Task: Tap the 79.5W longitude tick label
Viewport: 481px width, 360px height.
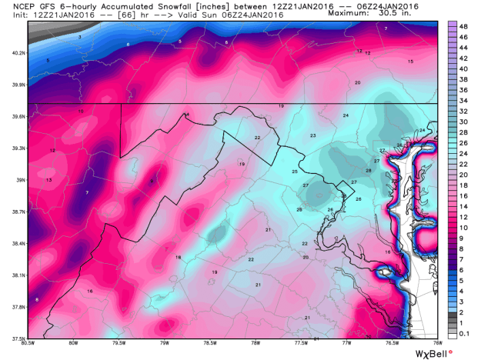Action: pyautogui.click(x=119, y=343)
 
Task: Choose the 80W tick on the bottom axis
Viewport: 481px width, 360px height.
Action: pyautogui.click(x=74, y=343)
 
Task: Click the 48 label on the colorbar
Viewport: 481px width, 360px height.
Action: pyautogui.click(x=464, y=26)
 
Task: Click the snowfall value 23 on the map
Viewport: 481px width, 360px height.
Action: pyautogui.click(x=313, y=136)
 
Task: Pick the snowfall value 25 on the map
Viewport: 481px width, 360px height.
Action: pyautogui.click(x=295, y=172)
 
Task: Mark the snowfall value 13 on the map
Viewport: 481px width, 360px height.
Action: pyautogui.click(x=48, y=180)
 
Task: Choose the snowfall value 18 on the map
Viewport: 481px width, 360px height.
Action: pyautogui.click(x=178, y=257)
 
